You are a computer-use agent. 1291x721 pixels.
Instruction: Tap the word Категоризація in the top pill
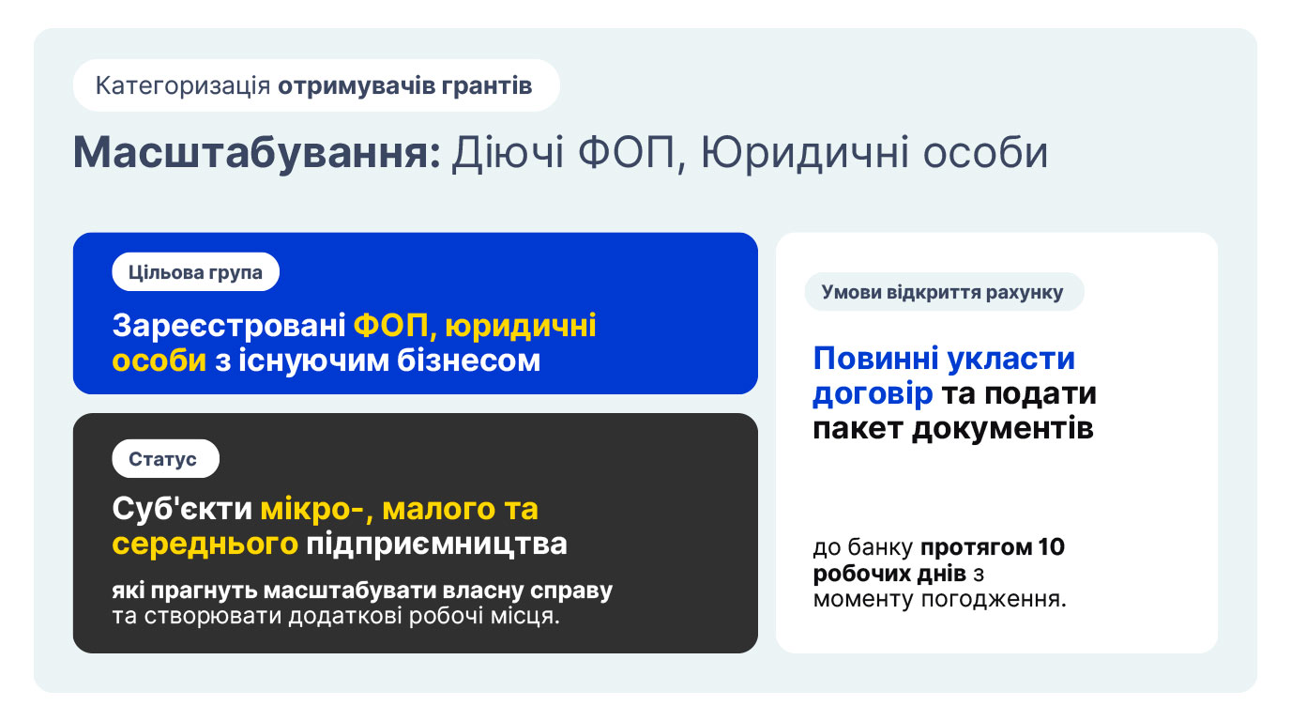click(x=183, y=86)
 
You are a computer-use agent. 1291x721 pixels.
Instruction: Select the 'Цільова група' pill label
click(x=195, y=271)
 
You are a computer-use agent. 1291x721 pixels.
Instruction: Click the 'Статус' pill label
click(x=165, y=458)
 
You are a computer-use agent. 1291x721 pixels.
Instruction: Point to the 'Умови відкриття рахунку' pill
click(x=944, y=292)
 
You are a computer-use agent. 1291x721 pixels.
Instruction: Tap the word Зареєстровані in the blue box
click(x=229, y=326)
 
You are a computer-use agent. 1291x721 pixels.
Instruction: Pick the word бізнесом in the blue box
click(x=468, y=360)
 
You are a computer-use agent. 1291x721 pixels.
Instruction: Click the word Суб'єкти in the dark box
click(x=182, y=509)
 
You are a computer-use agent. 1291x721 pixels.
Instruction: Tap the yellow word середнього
click(x=205, y=544)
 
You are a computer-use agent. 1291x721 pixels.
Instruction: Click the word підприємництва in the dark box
click(x=436, y=545)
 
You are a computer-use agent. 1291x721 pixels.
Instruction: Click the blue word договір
click(x=873, y=394)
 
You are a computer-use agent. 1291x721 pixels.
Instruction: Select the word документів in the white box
click(x=1002, y=429)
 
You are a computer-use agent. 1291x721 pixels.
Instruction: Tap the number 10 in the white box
click(x=1051, y=546)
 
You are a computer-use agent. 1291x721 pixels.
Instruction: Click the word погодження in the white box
click(x=994, y=600)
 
